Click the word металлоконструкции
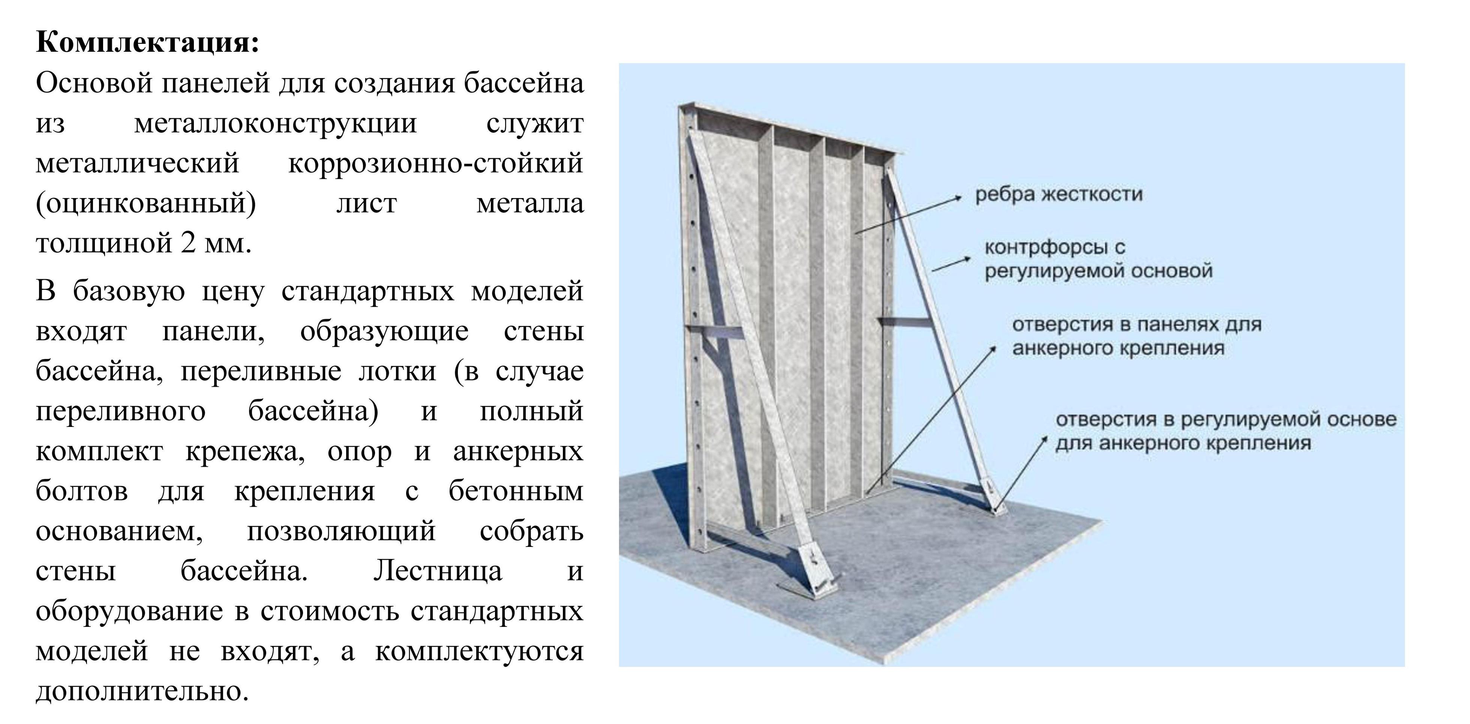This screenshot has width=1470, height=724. click(x=275, y=124)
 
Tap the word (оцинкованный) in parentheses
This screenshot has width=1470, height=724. click(x=146, y=204)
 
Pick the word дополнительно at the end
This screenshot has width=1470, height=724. click(x=142, y=691)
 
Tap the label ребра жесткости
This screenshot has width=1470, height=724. click(x=1059, y=194)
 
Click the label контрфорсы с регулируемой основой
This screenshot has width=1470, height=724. click(x=1098, y=259)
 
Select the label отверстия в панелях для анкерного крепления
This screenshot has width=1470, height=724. click(x=1137, y=336)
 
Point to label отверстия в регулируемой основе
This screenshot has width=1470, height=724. click(x=1226, y=420)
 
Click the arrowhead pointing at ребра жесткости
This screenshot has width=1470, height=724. click(x=959, y=198)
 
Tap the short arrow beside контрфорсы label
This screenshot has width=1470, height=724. click(x=951, y=264)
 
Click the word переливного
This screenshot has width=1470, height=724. click(x=120, y=411)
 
